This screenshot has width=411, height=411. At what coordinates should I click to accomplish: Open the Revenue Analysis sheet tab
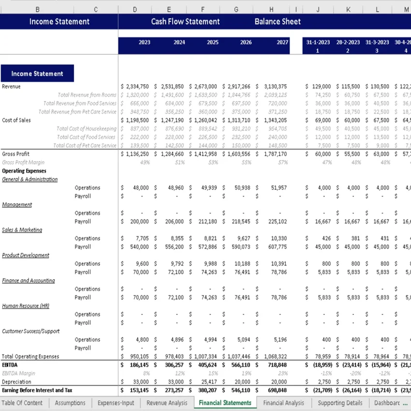click(x=167, y=403)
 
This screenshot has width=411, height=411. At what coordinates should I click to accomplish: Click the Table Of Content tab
click(x=22, y=403)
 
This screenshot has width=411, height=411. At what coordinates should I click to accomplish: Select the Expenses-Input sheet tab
click(x=116, y=403)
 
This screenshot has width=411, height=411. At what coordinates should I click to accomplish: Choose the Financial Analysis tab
click(x=283, y=403)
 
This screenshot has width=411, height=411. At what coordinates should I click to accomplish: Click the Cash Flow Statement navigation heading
click(x=185, y=21)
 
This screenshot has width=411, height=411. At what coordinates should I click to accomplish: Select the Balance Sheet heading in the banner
click(x=278, y=21)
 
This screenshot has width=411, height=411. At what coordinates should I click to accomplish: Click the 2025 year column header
click(x=212, y=43)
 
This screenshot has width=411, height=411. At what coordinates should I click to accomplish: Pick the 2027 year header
click(x=282, y=43)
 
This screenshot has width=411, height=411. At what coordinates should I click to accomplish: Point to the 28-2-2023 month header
click(x=348, y=43)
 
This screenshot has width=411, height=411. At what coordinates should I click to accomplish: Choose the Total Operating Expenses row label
click(x=30, y=357)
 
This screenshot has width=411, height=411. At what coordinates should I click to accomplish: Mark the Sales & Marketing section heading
click(x=22, y=230)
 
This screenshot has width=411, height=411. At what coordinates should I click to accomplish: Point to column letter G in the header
click(x=236, y=9)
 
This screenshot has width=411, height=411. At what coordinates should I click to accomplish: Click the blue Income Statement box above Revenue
click(x=37, y=73)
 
